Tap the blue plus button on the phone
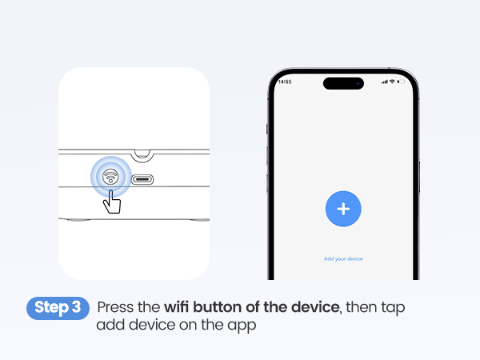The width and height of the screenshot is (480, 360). pyautogui.click(x=343, y=209)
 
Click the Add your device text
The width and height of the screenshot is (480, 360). pyautogui.click(x=343, y=259)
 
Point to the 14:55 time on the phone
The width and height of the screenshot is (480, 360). pyautogui.click(x=285, y=82)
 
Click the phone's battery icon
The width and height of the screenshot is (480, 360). pyautogui.click(x=401, y=82)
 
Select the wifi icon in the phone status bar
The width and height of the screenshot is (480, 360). pyautogui.click(x=392, y=82)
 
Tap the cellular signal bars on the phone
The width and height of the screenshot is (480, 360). pyautogui.click(x=384, y=82)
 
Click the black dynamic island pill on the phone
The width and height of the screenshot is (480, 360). pyautogui.click(x=343, y=83)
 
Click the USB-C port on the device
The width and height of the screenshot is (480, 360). pyautogui.click(x=144, y=180)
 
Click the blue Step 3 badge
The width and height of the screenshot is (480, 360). pyautogui.click(x=58, y=308)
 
